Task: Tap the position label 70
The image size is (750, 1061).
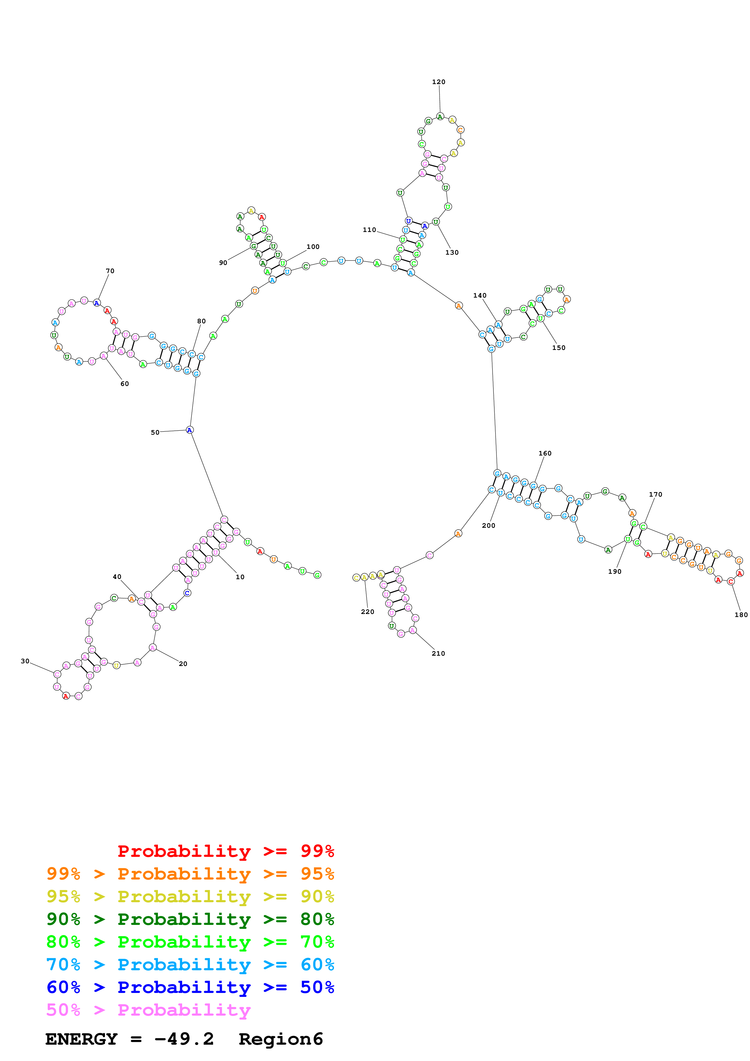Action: (110, 271)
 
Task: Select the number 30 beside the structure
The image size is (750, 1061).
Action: (25, 661)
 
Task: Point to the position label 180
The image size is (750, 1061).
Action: (741, 615)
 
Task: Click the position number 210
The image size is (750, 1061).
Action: (438, 653)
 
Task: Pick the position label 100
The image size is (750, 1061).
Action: (313, 247)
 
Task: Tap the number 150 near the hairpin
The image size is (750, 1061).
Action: (558, 348)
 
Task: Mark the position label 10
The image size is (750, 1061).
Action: (240, 577)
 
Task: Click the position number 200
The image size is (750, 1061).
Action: (488, 525)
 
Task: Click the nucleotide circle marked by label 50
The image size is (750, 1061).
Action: (189, 430)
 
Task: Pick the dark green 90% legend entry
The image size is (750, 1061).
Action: (190, 919)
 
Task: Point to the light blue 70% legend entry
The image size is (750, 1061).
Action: (190, 965)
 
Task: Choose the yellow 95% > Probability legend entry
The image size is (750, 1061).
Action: (190, 896)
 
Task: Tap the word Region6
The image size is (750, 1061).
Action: (280, 1039)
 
